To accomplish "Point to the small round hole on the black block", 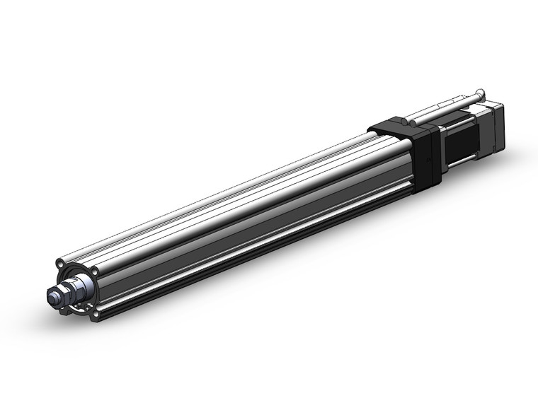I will coord(410,125).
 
